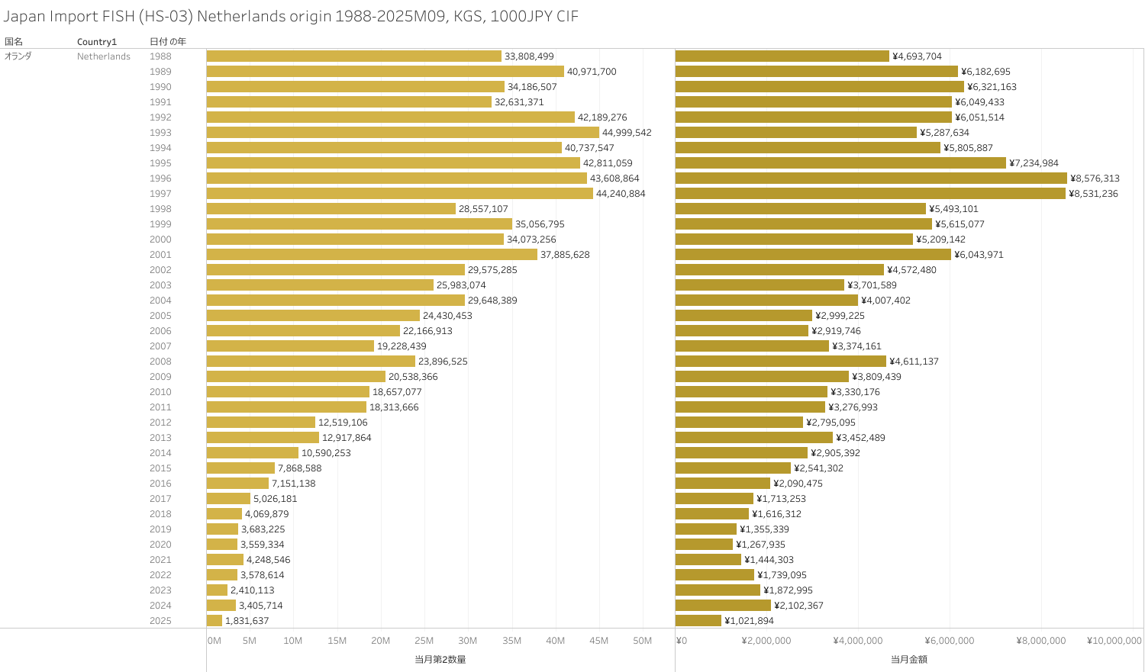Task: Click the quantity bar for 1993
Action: (x=402, y=133)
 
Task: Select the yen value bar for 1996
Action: (x=871, y=178)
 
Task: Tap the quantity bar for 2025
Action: (x=214, y=621)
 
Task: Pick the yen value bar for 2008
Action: (x=780, y=362)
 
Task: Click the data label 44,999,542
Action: (x=627, y=133)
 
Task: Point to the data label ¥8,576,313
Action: (x=1095, y=178)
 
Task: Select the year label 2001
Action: (x=160, y=255)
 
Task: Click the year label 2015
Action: (x=160, y=468)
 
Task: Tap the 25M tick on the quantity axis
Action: (x=424, y=641)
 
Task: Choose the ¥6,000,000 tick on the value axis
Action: (x=950, y=641)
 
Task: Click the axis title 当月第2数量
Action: (x=440, y=659)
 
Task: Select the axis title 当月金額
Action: (x=908, y=659)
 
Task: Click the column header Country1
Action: (x=97, y=41)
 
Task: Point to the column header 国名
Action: (x=14, y=41)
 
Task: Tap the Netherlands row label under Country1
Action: (x=104, y=56)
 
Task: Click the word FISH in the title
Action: (x=118, y=16)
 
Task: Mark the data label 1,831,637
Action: (x=247, y=621)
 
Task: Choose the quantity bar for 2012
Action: (x=260, y=423)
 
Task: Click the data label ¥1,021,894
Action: (x=749, y=621)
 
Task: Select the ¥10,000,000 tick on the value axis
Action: (x=1114, y=641)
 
